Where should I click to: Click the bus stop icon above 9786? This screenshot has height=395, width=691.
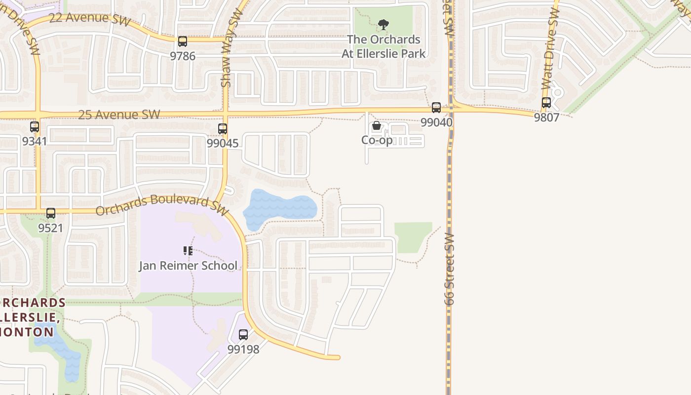183,41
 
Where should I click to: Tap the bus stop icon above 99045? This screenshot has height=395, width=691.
223,129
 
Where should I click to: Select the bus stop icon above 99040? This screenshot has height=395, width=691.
436,107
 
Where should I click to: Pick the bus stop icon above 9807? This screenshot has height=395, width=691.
546,103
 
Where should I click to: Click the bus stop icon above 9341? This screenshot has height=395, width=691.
35,127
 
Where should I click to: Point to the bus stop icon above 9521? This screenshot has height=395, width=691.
51,213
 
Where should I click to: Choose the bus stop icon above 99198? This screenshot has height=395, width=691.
243,335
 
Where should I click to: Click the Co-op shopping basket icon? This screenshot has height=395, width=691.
377,126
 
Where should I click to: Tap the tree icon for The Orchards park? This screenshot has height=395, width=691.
384,25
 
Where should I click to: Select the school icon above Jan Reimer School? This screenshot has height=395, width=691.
188,251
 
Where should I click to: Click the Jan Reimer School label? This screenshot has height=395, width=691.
188,266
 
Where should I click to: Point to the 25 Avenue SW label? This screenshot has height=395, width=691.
119,115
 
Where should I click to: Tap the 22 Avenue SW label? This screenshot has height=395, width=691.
90,19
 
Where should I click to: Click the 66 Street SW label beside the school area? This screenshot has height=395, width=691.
449,269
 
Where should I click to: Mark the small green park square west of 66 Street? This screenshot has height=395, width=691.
413,237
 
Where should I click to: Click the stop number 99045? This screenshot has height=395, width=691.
223,143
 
